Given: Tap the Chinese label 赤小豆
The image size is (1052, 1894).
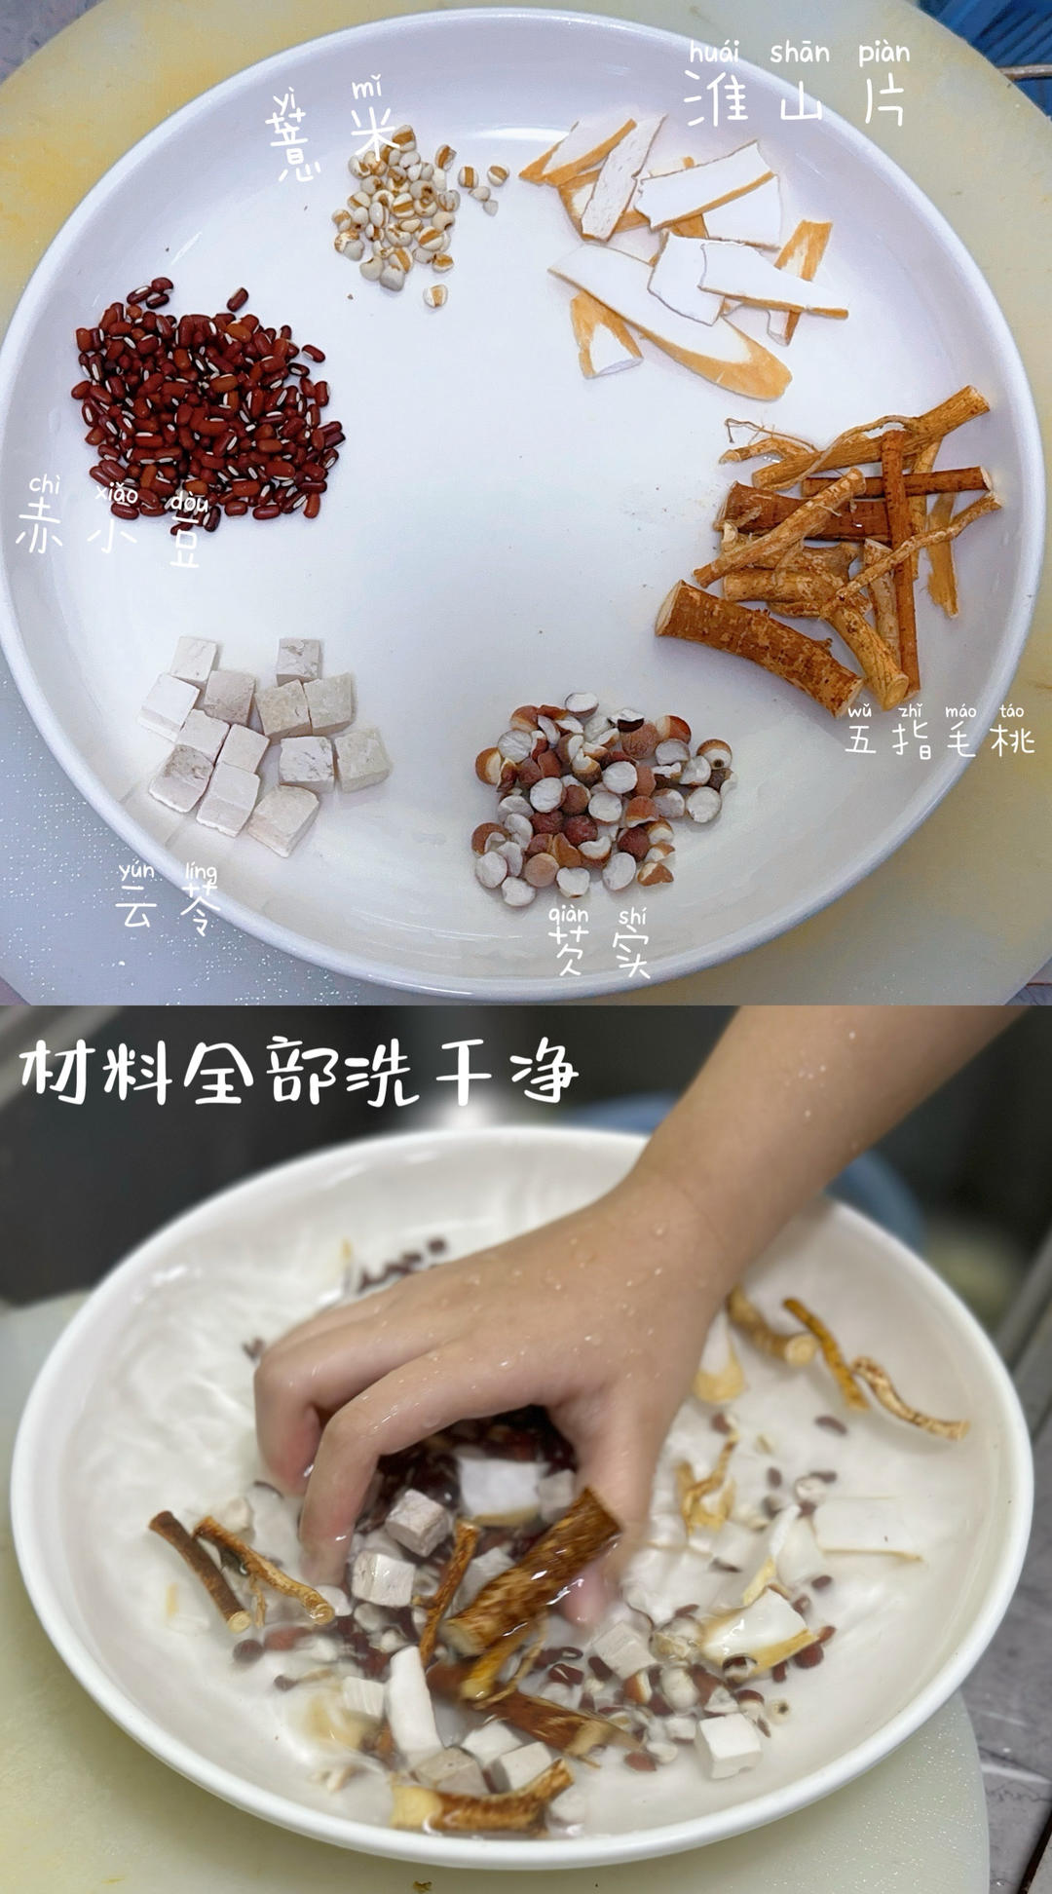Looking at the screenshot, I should point(110,532).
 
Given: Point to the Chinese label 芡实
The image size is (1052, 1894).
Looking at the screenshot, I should point(597,949).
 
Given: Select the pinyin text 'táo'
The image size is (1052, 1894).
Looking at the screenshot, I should point(1011,711).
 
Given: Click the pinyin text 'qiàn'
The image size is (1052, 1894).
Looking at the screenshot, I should point(568,914).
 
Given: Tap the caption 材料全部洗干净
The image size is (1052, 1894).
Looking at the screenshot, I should point(297,1072).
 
